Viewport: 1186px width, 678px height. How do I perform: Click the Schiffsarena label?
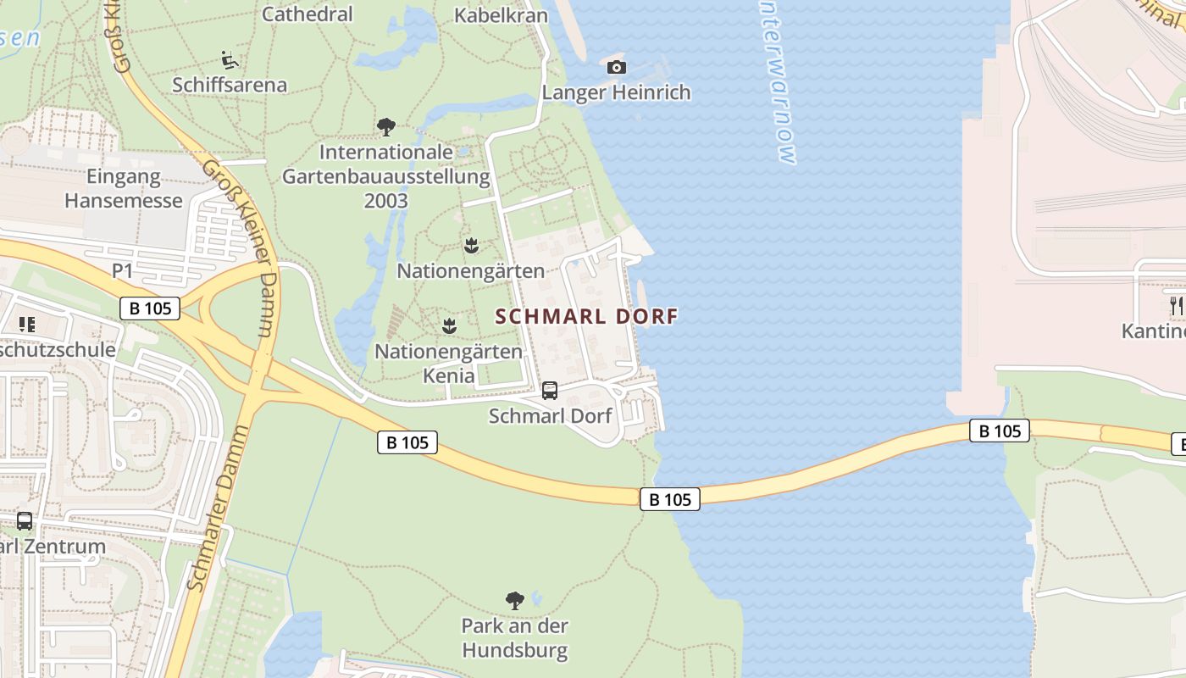point(230,85)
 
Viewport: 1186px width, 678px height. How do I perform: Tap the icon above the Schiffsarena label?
point(229,60)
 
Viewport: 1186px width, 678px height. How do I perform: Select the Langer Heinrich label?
point(616,92)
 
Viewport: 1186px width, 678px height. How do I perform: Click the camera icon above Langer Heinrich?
point(617,67)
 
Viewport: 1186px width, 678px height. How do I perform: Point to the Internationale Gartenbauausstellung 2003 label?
point(386,177)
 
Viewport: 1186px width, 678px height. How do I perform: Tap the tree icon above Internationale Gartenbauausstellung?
point(386,128)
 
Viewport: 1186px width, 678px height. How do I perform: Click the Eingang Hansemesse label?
point(124,189)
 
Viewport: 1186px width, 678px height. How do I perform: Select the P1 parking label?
point(123,270)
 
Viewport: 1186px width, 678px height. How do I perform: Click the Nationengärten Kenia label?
point(449,362)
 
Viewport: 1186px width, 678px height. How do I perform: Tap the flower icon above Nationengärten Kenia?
point(449,326)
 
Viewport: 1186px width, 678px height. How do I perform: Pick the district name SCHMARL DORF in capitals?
point(586,317)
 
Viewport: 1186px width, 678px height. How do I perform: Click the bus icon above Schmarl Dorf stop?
point(550,391)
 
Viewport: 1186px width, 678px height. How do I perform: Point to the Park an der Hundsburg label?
point(514,638)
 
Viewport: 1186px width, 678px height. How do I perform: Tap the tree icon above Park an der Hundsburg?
point(514,601)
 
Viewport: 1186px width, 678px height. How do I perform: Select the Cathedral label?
point(307,14)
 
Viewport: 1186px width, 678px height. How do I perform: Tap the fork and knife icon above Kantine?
point(1177,306)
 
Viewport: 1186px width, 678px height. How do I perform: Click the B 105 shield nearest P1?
point(150,308)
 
